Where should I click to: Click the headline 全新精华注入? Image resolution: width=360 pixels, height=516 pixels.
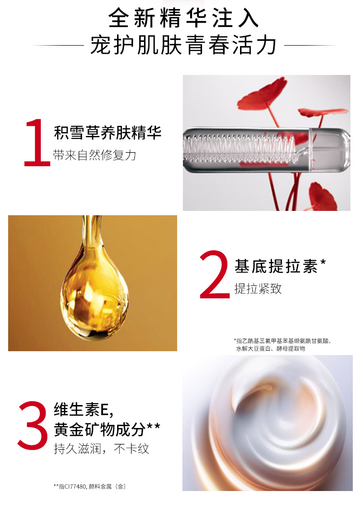(183, 18)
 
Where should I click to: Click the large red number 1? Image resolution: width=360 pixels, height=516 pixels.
(37, 143)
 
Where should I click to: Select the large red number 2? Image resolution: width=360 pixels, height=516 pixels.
(215, 275)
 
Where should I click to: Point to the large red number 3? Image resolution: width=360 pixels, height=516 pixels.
(33, 425)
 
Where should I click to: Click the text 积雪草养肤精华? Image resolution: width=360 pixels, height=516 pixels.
(108, 133)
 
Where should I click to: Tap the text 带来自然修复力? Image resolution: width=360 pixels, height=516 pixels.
(95, 155)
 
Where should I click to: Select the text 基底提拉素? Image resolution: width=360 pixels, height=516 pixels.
(276, 266)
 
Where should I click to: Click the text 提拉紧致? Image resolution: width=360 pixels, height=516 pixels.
(258, 288)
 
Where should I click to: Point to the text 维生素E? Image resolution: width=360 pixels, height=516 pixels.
(84, 410)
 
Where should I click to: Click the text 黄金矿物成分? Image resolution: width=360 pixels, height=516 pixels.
(100, 430)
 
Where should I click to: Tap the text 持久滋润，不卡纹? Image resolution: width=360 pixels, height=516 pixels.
(102, 449)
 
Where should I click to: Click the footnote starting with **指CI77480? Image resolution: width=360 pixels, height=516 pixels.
(90, 486)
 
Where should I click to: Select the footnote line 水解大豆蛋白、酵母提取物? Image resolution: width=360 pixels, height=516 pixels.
(271, 348)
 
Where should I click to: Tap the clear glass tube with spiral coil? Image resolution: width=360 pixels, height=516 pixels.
(266, 150)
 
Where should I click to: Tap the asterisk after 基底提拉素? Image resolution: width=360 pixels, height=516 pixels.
(323, 263)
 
